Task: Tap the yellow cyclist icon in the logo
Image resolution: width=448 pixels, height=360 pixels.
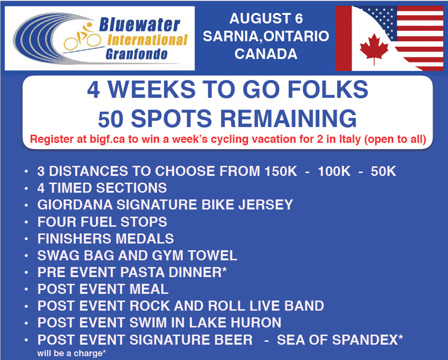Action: click(82, 37)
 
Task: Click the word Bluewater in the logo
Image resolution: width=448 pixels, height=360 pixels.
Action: click(140, 25)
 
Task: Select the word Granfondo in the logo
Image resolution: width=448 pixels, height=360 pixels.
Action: click(136, 54)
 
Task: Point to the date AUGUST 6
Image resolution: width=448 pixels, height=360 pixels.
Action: click(266, 19)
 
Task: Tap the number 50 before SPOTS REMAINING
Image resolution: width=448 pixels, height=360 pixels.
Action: click(111, 119)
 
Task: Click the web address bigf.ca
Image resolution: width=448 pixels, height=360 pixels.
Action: click(107, 139)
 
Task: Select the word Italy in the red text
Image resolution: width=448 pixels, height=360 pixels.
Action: click(351, 139)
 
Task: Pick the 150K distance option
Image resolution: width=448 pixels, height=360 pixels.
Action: click(281, 171)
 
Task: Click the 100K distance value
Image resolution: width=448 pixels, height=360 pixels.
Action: click(334, 171)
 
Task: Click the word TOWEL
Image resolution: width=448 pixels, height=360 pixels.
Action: click(213, 256)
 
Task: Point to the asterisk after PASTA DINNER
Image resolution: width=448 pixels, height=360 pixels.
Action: click(224, 269)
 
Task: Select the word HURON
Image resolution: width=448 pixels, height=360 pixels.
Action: click(256, 323)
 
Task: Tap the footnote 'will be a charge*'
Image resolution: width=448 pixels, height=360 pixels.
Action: click(71, 353)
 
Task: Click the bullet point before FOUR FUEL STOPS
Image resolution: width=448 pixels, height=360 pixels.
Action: click(27, 222)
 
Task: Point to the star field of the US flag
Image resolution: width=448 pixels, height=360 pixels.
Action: click(380, 20)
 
